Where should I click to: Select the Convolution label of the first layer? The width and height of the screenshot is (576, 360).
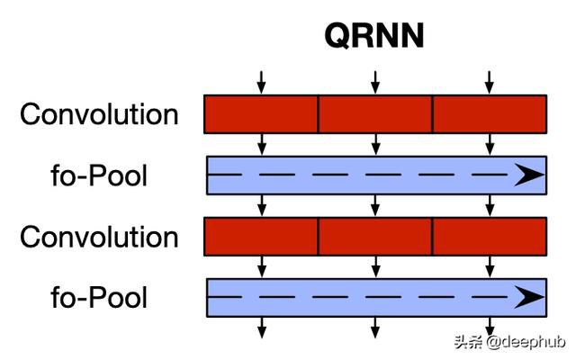click(x=99, y=114)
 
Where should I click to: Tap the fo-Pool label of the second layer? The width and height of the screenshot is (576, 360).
click(x=99, y=175)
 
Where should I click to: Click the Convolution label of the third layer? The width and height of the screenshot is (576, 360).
click(x=99, y=238)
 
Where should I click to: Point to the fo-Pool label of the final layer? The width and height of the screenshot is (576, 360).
click(x=99, y=298)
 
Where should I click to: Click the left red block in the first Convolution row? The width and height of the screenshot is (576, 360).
click(x=261, y=114)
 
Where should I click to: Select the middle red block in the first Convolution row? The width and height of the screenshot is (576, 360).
click(x=375, y=114)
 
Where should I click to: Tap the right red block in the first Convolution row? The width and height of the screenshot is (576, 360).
click(x=490, y=114)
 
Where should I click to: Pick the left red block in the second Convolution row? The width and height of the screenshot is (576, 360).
click(x=261, y=238)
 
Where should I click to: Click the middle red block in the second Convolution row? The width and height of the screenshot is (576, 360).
click(x=375, y=238)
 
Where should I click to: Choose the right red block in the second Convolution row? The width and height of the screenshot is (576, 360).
click(x=490, y=238)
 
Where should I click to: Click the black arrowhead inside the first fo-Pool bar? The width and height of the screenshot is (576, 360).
click(x=529, y=175)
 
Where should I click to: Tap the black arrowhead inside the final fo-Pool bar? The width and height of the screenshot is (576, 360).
click(x=529, y=298)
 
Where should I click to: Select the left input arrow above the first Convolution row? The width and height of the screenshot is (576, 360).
click(x=261, y=81)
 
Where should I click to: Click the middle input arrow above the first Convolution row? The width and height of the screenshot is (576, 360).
click(x=375, y=81)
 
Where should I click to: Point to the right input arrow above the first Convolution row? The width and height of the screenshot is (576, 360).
click(x=490, y=81)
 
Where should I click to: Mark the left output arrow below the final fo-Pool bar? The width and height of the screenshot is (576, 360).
click(x=261, y=328)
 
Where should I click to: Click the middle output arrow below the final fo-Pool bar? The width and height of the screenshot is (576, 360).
click(x=375, y=328)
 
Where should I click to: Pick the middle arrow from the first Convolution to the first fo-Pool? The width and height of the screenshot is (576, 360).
click(x=375, y=144)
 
